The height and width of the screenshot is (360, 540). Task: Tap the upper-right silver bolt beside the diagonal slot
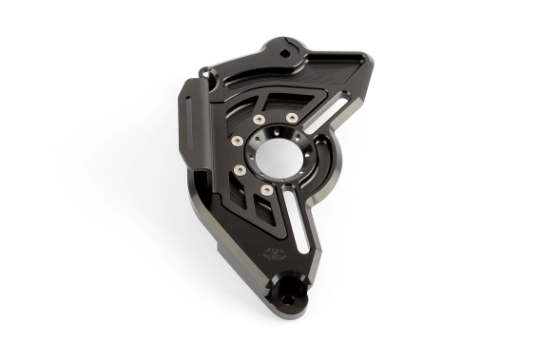pyautogui.click(x=292, y=118)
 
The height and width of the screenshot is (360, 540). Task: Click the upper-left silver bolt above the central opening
pyautogui.click(x=260, y=119)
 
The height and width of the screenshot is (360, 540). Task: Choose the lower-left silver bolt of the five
pyautogui.click(x=240, y=170)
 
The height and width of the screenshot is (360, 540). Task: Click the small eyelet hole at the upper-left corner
pyautogui.click(x=203, y=68)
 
